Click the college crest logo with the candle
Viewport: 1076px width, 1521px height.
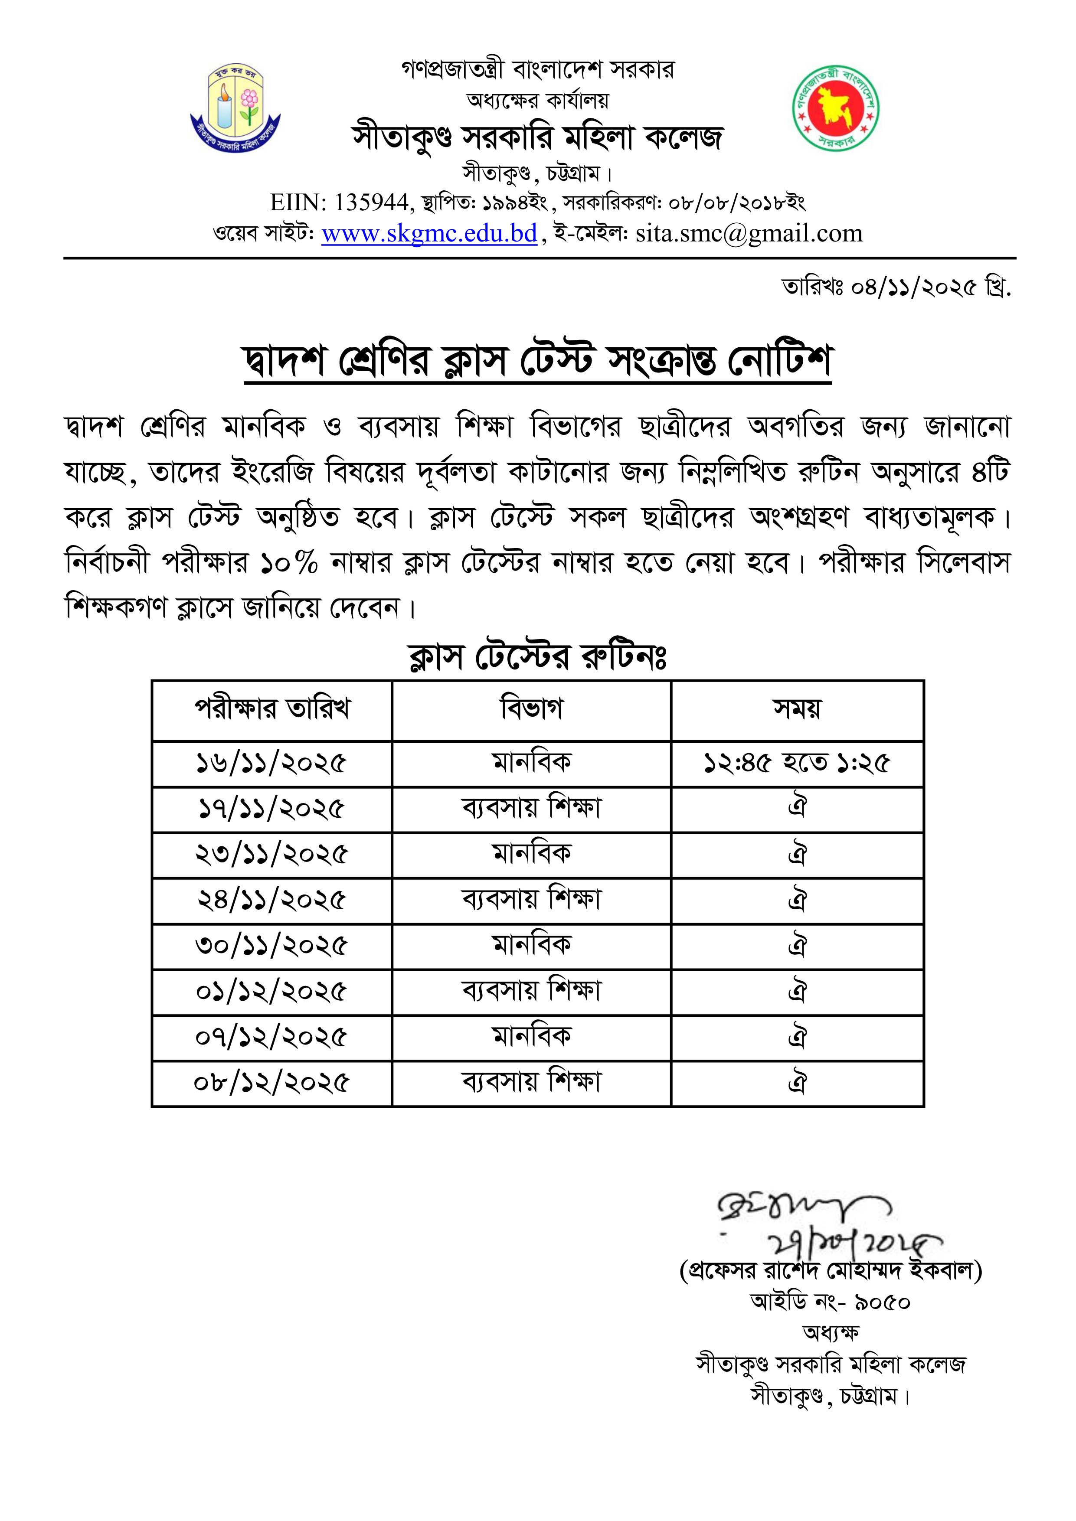(x=235, y=108)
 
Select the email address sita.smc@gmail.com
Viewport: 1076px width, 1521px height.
(x=749, y=233)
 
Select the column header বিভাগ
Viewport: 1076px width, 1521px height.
(x=531, y=709)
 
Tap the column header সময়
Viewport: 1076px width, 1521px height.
(x=797, y=709)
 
